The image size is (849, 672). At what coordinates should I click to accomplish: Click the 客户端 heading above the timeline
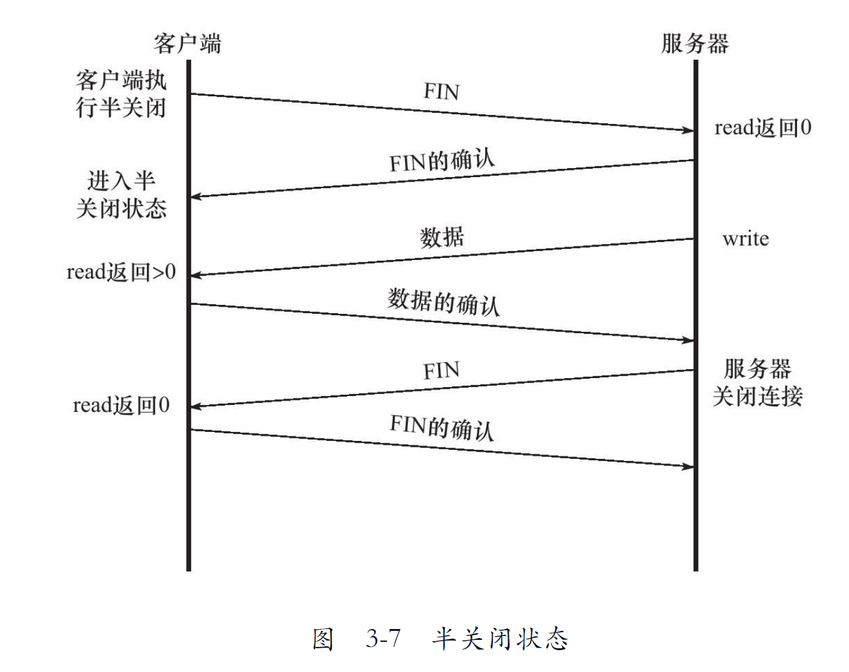(187, 44)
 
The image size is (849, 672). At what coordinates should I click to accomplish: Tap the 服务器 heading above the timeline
(695, 44)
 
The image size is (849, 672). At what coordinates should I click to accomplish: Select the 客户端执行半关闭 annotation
(121, 94)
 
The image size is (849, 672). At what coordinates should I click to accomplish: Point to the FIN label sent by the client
(441, 92)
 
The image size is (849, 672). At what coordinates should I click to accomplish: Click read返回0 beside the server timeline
(762, 128)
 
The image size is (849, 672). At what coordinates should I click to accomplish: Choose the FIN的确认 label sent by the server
(442, 160)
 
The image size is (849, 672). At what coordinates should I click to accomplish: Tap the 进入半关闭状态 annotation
(121, 194)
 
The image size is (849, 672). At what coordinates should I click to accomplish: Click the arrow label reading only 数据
(442, 237)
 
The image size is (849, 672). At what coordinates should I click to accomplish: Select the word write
(745, 239)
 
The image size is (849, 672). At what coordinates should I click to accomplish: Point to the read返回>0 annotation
(121, 272)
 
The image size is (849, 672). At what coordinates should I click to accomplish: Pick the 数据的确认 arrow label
(443, 302)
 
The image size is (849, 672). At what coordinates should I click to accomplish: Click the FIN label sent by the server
(441, 371)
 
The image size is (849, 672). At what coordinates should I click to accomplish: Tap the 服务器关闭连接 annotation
(757, 383)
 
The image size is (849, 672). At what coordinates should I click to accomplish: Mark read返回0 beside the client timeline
(121, 406)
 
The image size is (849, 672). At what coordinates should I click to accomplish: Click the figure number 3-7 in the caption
(383, 638)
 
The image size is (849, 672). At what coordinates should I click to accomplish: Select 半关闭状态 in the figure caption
(500, 638)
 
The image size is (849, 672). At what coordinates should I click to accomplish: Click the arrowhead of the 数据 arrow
(195, 275)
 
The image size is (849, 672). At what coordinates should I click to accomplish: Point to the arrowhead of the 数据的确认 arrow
(689, 340)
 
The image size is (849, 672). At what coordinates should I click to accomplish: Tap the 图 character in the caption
(323, 639)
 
